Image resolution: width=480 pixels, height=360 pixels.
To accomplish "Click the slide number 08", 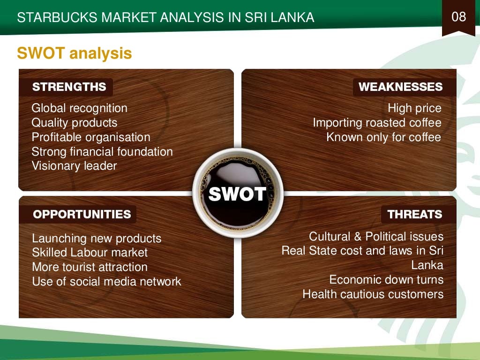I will pyautogui.click(x=459, y=17).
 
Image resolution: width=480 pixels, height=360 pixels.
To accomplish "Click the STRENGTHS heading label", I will pyautogui.click(x=69, y=87).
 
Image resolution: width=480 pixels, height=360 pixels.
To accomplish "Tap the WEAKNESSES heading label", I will pyautogui.click(x=400, y=87).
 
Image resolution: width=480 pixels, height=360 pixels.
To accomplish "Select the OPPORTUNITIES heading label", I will pyautogui.click(x=82, y=215).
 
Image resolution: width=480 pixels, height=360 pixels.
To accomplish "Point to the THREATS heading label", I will pyautogui.click(x=415, y=215).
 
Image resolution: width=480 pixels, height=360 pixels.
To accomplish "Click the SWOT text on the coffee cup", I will pyautogui.click(x=237, y=194).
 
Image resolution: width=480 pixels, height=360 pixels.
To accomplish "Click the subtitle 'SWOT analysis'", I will pyautogui.click(x=74, y=53).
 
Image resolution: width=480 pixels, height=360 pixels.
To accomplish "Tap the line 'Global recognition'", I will pyautogui.click(x=79, y=108).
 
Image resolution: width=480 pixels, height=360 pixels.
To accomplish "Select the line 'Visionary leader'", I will pyautogui.click(x=74, y=166).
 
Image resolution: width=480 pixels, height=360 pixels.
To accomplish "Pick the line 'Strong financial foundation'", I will pyautogui.click(x=102, y=152).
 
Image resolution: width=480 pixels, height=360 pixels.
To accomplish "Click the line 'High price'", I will pyautogui.click(x=414, y=108).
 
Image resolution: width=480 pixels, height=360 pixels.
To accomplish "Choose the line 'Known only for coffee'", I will pyautogui.click(x=384, y=137).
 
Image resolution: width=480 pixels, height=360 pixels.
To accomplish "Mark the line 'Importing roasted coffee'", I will pyautogui.click(x=377, y=123).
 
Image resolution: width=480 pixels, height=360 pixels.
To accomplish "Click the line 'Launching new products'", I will pyautogui.click(x=97, y=239).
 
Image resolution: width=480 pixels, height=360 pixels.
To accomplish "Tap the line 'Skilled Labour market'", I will pyautogui.click(x=90, y=253).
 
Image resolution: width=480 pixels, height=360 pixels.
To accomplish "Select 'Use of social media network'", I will pyautogui.click(x=106, y=282).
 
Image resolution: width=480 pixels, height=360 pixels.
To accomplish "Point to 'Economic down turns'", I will pyautogui.click(x=386, y=280).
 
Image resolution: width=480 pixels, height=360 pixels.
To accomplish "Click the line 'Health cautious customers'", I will pyautogui.click(x=373, y=294).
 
